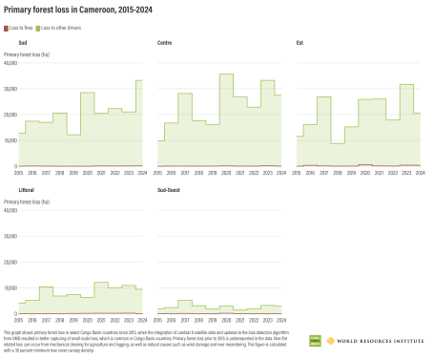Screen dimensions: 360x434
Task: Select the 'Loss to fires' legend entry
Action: pos(19,27)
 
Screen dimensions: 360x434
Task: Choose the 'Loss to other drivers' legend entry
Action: pos(59,27)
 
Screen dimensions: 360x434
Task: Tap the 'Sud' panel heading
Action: pos(22,44)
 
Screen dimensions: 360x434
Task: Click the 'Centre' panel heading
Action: pos(165,44)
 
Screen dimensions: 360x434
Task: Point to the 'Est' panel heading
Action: pos(300,44)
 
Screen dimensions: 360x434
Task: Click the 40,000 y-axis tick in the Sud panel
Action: pos(10,63)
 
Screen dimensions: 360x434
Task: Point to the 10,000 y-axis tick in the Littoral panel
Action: pos(10,287)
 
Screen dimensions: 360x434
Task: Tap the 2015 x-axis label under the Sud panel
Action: pos(18,172)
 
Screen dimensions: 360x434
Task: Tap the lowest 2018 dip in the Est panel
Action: pos(338,143)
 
